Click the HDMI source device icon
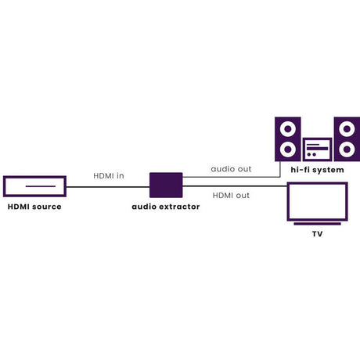point(34,177)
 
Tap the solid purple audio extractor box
point(166,185)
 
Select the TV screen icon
point(318,183)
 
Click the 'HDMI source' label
point(34,207)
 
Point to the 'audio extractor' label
point(166,207)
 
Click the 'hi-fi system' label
point(317,170)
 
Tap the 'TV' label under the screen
point(317,234)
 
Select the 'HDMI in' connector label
point(109,176)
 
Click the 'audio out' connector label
point(231,169)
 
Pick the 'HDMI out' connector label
point(231,196)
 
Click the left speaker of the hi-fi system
point(288,139)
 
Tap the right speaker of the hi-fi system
point(347,139)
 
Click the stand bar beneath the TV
point(318,224)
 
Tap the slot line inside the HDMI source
point(41,186)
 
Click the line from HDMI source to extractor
point(108,187)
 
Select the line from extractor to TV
point(235,186)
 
